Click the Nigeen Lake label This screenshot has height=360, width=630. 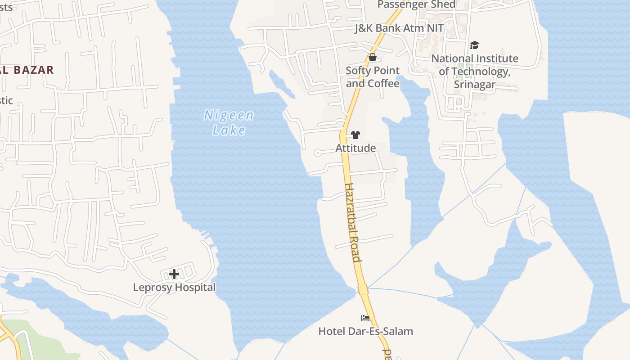click(229, 122)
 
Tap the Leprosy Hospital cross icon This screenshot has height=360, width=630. click(174, 274)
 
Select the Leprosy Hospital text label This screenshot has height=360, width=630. click(174, 287)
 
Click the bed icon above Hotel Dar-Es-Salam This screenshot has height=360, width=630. click(365, 318)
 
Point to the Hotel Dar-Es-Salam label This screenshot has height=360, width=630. click(365, 331)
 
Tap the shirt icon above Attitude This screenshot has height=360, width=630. click(355, 135)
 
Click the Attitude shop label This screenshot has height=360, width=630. click(355, 148)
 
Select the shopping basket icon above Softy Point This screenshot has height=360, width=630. click(373, 57)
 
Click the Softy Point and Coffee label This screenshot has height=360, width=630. click(373, 77)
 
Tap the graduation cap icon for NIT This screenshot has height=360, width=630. click(474, 45)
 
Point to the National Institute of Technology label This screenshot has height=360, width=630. click(475, 71)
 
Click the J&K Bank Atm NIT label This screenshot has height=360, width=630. click(399, 28)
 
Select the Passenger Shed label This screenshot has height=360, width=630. click(416, 4)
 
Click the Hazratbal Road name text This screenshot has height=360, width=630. click(352, 222)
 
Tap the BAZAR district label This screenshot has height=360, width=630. click(33, 70)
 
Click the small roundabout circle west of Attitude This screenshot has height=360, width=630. click(317, 153)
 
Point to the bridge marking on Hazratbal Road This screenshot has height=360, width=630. click(363, 290)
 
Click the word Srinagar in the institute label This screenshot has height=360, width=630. click(474, 84)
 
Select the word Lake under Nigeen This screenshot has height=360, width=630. click(229, 130)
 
